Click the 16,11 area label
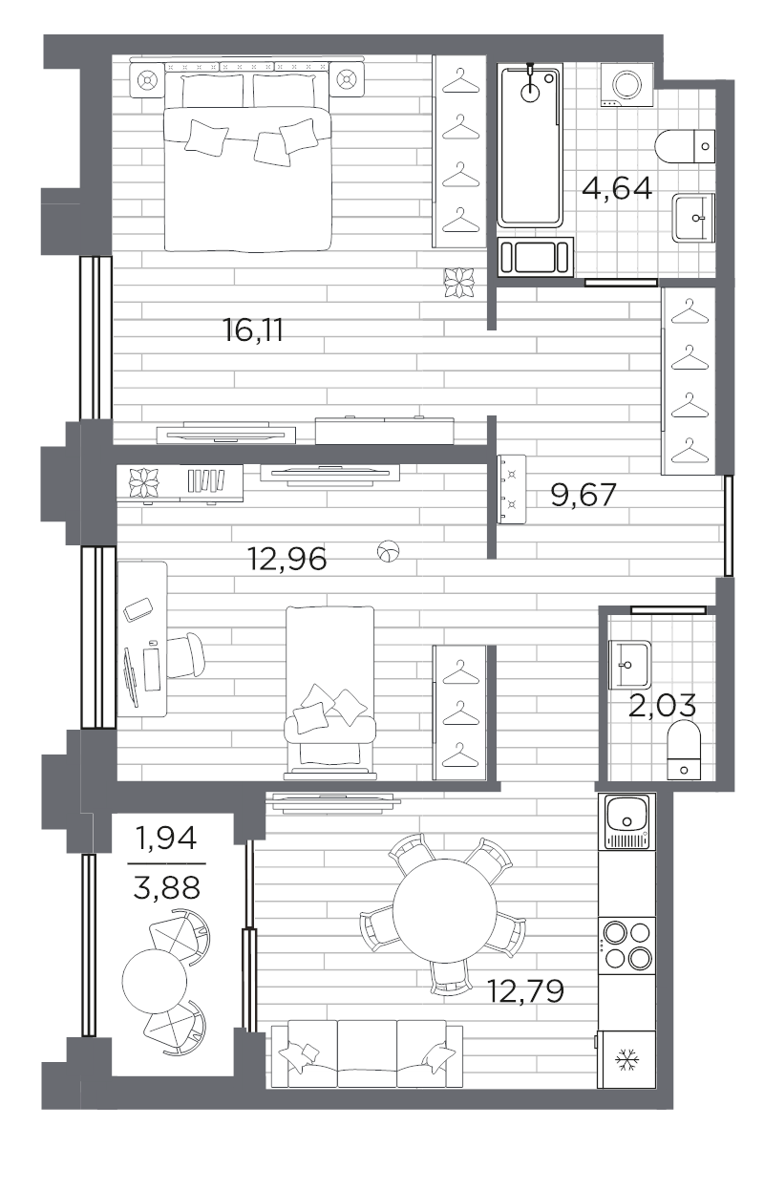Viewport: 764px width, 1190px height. click(253, 329)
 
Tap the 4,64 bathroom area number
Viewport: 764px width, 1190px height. click(617, 188)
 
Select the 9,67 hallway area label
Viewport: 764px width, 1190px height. click(583, 495)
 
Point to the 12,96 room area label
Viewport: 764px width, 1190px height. click(286, 559)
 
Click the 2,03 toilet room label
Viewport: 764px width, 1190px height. click(662, 706)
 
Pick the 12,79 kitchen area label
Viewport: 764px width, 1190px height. click(525, 991)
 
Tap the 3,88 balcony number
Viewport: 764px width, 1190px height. click(166, 887)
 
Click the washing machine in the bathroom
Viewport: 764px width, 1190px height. click(626, 85)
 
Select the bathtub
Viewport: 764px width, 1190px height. click(530, 145)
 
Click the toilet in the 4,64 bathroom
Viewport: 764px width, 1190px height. click(685, 146)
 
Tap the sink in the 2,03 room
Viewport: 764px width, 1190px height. click(629, 665)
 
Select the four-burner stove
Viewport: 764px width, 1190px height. click(626, 946)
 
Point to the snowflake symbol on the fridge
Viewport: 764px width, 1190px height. click(626, 1060)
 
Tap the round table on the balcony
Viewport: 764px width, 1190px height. click(155, 981)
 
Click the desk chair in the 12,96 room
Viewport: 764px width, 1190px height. click(185, 655)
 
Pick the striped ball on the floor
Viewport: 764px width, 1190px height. click(389, 551)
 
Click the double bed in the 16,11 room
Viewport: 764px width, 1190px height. click(247, 159)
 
